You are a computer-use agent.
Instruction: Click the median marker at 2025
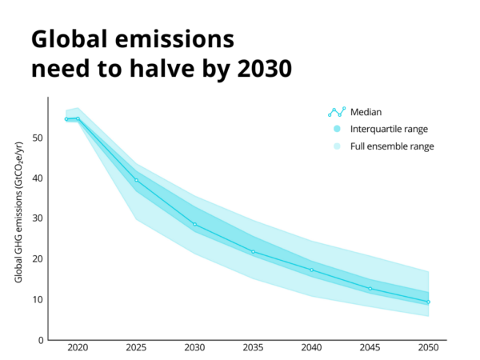coord(136,180)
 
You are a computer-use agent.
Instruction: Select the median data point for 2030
coord(194,224)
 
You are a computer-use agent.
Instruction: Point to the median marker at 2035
coord(253,252)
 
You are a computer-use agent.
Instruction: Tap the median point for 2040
coord(311,270)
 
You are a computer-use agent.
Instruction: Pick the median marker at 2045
coord(370,289)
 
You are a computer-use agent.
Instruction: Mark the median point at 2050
coord(428,302)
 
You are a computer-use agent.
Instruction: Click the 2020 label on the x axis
coord(78,350)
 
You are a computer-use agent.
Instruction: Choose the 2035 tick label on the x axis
coord(253,350)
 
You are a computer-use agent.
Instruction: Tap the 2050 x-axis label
coord(428,350)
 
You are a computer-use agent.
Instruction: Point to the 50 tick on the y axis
coord(38,138)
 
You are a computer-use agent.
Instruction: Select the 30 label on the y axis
coord(38,218)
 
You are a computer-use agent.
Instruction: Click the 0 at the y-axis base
coord(40,340)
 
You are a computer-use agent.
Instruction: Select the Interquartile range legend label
coord(390,130)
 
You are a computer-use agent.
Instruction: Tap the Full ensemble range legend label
coord(392,147)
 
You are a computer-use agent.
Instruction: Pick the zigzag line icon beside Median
coord(337,112)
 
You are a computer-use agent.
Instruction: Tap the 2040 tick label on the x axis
coord(311,350)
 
